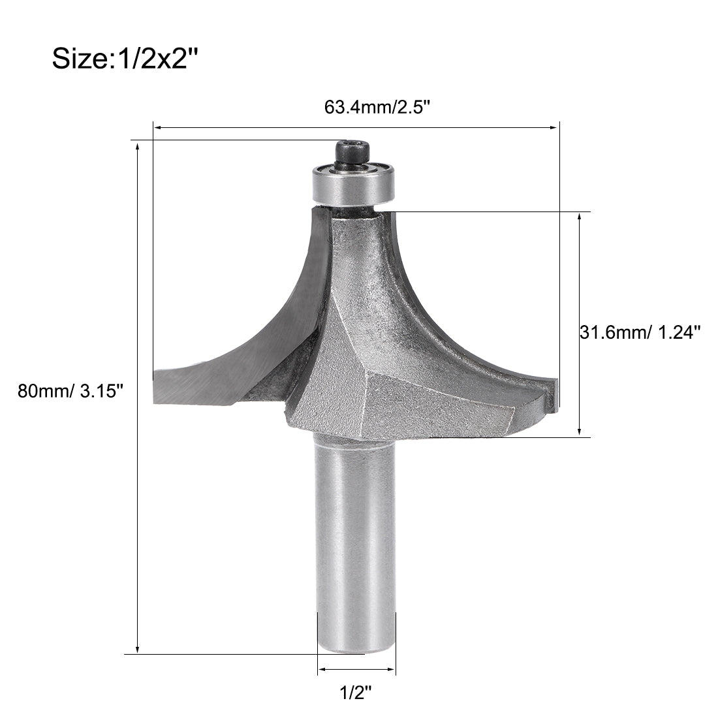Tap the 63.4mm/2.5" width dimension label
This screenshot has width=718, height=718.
click(377, 106)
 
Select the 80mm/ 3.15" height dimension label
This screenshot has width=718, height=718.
click(70, 391)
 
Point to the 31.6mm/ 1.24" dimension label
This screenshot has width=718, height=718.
click(640, 332)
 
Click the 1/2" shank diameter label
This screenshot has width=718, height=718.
click(356, 692)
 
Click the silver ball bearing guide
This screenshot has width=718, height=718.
click(353, 183)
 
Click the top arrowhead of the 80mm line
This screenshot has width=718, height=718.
click(137, 146)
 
